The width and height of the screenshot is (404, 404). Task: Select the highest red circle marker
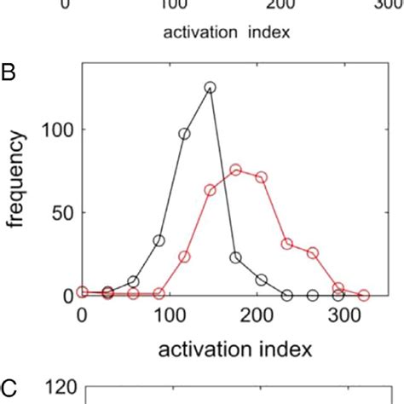235,170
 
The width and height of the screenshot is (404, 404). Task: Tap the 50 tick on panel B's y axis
61,212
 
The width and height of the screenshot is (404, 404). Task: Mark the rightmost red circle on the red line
364,295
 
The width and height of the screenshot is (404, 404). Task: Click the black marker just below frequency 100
184,134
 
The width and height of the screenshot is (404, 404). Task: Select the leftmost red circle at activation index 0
82,291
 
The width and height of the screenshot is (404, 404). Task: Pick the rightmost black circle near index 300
338,296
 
